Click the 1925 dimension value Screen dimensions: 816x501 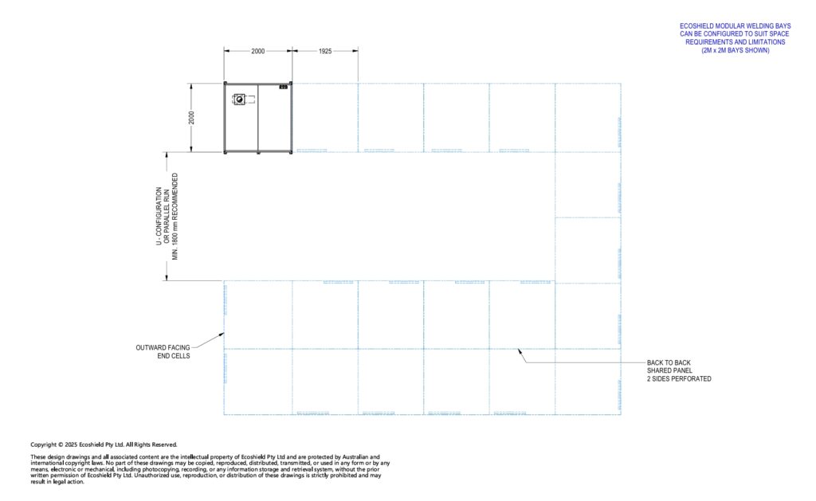(325, 51)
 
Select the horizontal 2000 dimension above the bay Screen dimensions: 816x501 (258, 51)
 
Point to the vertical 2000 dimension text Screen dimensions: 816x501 (191, 118)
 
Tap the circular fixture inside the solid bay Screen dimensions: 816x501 (240, 99)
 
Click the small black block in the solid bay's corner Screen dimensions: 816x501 (284, 87)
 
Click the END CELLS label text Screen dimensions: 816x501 (174, 356)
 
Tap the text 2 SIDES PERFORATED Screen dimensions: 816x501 (679, 379)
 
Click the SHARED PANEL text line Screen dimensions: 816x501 (669, 370)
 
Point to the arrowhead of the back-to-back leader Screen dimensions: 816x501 (518, 350)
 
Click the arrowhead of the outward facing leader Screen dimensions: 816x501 (222, 334)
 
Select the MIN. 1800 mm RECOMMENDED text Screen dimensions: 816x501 (175, 217)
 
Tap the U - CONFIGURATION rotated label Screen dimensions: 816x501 (159, 217)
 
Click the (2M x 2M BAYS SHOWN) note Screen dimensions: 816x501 (735, 50)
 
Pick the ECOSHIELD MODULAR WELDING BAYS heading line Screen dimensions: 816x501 (735, 26)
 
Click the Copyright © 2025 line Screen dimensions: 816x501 (104, 444)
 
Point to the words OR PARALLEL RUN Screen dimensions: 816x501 (167, 217)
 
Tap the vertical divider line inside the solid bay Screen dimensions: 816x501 (258, 118)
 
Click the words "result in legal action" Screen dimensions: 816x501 (57, 482)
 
